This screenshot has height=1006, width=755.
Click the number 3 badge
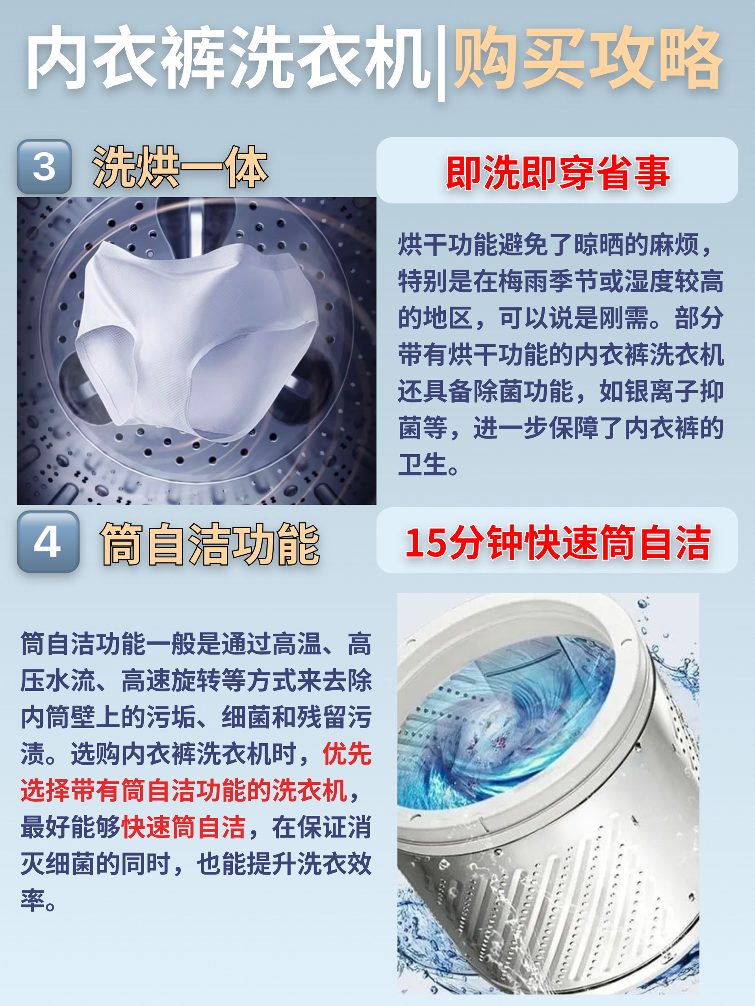coord(44,166)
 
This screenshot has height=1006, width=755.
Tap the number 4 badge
coord(48,542)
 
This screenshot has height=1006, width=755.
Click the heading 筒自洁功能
coord(210,544)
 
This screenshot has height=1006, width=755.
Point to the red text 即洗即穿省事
coord(558,172)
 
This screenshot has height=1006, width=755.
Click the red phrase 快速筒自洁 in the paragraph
coord(184,827)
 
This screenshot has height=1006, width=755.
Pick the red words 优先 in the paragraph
coord(347,754)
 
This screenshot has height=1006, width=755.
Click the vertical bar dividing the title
coord(441,62)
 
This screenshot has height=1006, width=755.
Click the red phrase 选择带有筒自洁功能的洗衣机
coord(184,790)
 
